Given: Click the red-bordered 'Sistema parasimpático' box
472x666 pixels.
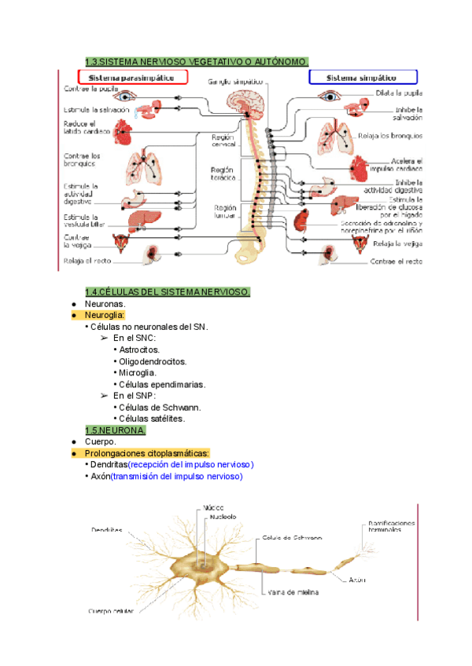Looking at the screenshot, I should click(x=132, y=77).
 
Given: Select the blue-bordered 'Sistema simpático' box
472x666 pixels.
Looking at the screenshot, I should click(x=362, y=77).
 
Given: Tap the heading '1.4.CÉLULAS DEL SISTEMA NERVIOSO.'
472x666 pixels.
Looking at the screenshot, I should click(x=168, y=292).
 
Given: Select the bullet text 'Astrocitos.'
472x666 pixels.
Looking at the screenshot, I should click(x=139, y=349).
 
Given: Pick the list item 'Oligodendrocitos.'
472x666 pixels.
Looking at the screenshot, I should click(x=153, y=361).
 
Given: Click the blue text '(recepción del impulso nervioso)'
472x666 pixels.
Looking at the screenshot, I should click(x=191, y=465).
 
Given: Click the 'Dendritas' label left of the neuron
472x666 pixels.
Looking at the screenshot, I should click(x=106, y=530).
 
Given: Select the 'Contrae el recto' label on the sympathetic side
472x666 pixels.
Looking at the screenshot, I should click(x=396, y=262).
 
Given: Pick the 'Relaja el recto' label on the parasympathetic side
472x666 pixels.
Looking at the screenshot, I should click(x=92, y=261).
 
